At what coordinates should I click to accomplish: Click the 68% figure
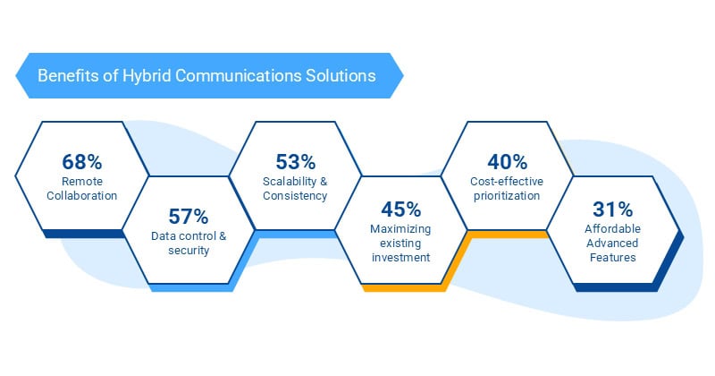pyautogui.click(x=82, y=162)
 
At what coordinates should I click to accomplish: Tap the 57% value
pyautogui.click(x=189, y=216)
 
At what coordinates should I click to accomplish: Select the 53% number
pyautogui.click(x=296, y=162)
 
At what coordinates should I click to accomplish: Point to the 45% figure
pyautogui.click(x=401, y=209)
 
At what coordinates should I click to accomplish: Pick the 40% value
pyautogui.click(x=508, y=162)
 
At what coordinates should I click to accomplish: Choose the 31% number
pyautogui.click(x=614, y=209)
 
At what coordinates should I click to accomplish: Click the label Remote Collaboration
pyautogui.click(x=82, y=188)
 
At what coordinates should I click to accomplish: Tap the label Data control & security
pyautogui.click(x=189, y=243)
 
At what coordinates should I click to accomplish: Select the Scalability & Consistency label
pyautogui.click(x=296, y=188)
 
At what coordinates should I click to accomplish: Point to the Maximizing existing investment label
pyautogui.click(x=401, y=243)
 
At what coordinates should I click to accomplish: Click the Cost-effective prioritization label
pyautogui.click(x=508, y=188)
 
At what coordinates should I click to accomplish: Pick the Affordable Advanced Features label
pyautogui.click(x=614, y=243)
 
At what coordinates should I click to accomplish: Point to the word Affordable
pyautogui.click(x=614, y=229)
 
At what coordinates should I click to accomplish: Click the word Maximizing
pyautogui.click(x=401, y=229)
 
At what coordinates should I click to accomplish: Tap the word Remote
pyautogui.click(x=82, y=182)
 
